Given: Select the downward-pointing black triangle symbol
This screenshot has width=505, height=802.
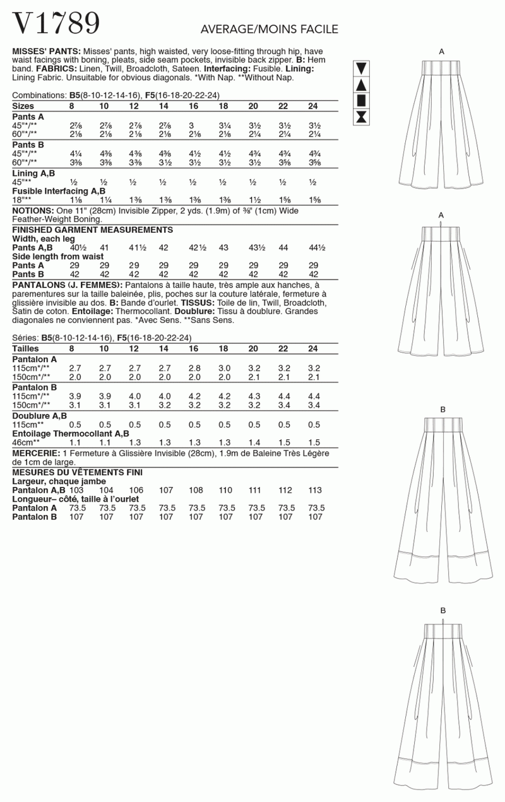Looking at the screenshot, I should pos(362,69).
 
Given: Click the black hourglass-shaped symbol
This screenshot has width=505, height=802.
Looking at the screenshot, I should pos(362,116).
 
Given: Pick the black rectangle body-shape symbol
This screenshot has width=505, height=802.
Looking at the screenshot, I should pos(362,100).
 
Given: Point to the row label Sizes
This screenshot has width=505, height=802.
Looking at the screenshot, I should pos(23,106).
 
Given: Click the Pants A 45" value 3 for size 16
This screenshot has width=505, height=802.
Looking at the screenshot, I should pos(192,126).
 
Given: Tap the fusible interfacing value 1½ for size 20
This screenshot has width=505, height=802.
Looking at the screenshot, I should pos(252,199).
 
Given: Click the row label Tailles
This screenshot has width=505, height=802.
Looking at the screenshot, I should pos(26,348).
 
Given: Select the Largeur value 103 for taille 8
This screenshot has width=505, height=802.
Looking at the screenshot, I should pos(76,490).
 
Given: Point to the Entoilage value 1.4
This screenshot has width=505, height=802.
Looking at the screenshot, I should pos(254,442).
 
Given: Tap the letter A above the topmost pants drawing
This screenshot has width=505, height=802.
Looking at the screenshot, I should pos(441,51).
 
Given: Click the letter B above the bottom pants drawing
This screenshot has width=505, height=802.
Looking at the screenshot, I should pos(443,610).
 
